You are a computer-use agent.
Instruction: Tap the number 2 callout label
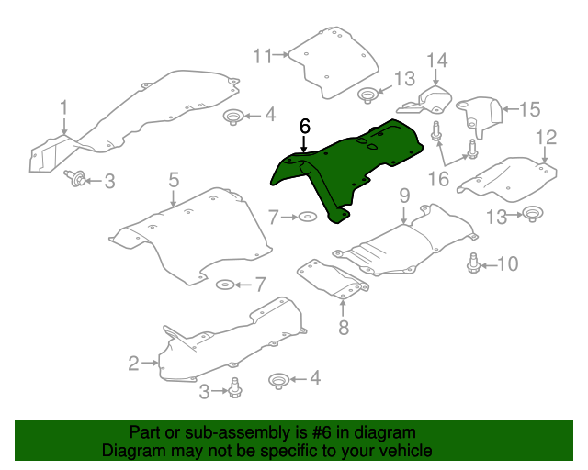click(x=133, y=364)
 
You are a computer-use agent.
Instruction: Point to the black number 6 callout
click(x=305, y=126)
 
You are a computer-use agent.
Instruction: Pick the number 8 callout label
click(x=344, y=327)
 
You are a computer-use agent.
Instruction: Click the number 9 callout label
click(x=403, y=196)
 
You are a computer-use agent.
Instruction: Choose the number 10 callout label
click(x=507, y=264)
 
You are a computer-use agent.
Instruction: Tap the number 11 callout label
click(x=264, y=56)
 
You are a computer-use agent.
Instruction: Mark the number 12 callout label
click(x=547, y=138)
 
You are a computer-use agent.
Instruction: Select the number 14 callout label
click(x=436, y=62)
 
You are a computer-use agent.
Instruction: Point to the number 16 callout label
click(x=438, y=177)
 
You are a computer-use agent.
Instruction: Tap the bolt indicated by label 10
click(x=474, y=263)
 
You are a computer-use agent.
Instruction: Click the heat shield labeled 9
click(x=404, y=243)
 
